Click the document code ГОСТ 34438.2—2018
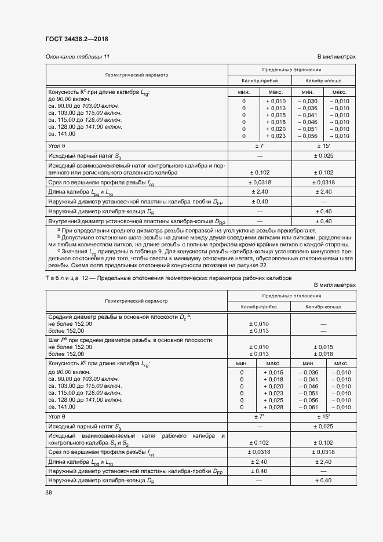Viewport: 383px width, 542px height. coord(76,39)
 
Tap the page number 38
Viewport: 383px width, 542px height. coord(49,493)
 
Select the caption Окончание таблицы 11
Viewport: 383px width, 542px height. coord(77,56)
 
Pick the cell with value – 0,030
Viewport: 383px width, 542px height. coord(307,101)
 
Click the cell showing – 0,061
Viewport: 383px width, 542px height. coord(307,407)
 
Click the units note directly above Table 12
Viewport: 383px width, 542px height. coord(334,285)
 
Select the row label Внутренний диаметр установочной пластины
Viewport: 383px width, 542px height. coord(137,221)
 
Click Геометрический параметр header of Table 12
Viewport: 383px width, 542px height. coord(136,301)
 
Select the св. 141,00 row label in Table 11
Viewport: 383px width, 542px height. coord(63,136)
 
